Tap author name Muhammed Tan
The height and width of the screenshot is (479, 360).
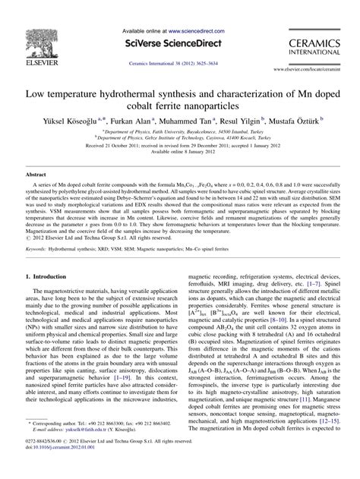coord(189,120)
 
